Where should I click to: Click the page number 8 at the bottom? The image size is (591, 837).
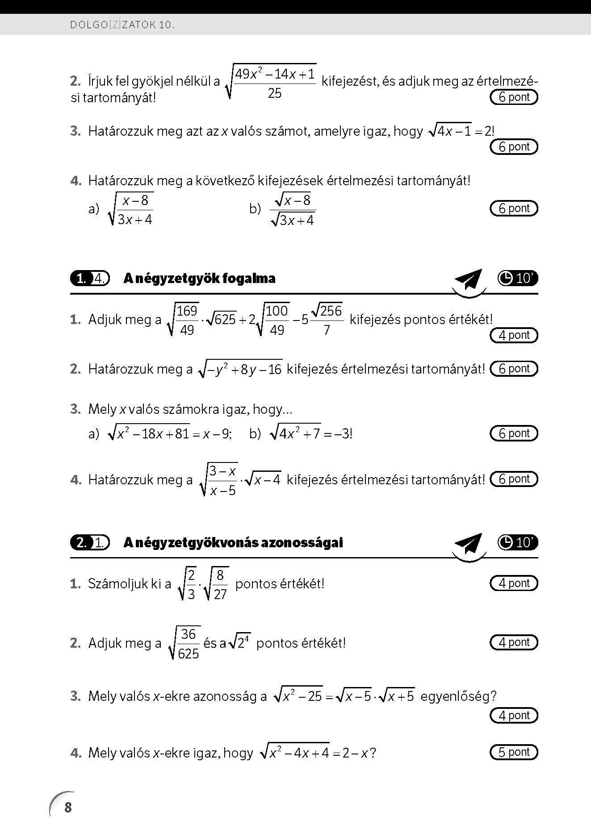(x=68, y=807)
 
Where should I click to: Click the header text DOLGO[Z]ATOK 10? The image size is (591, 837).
(x=122, y=25)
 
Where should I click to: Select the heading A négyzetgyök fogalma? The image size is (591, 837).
(x=199, y=279)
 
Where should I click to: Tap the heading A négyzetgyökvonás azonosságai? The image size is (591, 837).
(x=233, y=542)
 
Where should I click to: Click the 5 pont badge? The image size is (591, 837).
(x=514, y=752)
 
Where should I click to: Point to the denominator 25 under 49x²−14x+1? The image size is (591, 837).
(x=275, y=93)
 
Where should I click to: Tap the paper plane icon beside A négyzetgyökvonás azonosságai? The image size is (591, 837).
(x=469, y=545)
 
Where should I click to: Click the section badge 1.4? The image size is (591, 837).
(x=90, y=279)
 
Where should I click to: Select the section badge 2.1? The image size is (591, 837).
(x=90, y=542)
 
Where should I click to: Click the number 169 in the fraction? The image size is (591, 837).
(x=187, y=311)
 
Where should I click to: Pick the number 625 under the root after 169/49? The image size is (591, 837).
(x=225, y=320)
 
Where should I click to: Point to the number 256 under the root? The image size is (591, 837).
(x=331, y=311)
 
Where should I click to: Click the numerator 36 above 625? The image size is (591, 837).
(x=188, y=634)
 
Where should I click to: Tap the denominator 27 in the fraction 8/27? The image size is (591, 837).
(x=220, y=594)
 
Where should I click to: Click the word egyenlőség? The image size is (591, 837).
(x=458, y=696)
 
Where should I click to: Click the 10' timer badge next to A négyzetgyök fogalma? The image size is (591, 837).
(x=518, y=279)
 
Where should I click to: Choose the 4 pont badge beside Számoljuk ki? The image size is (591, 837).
(x=514, y=583)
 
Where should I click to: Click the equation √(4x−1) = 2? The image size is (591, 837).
(x=461, y=131)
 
